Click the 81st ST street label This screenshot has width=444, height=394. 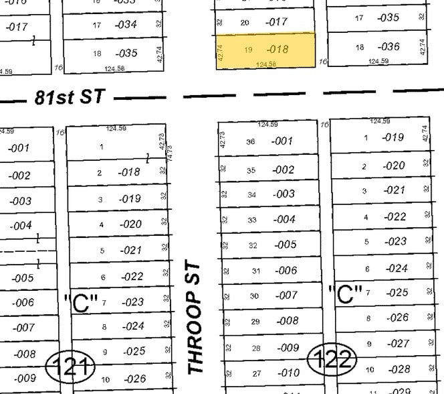(x=70, y=96)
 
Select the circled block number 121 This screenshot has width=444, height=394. (x=71, y=366)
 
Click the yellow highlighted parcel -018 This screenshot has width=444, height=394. (x=267, y=50)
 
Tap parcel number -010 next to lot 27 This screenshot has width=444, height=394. (x=288, y=373)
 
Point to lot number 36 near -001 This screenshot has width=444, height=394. (x=251, y=141)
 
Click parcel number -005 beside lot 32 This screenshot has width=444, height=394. (x=285, y=245)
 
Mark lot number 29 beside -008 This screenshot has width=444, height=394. (x=255, y=322)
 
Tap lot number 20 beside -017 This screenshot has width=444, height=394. (x=245, y=23)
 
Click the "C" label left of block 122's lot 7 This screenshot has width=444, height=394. (x=345, y=293)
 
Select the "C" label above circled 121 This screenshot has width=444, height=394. (x=86, y=304)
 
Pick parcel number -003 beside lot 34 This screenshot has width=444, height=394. (x=284, y=194)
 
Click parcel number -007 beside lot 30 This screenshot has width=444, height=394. (x=287, y=295)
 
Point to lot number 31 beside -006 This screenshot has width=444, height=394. (x=255, y=271)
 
